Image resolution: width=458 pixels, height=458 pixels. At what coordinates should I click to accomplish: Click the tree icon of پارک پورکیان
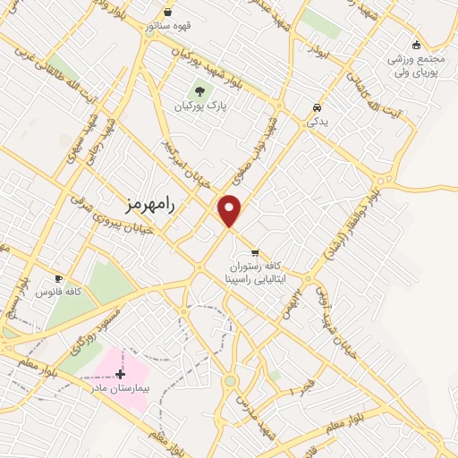[x=199, y=90]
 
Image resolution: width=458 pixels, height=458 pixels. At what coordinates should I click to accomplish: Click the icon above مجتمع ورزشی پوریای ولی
[x=416, y=46]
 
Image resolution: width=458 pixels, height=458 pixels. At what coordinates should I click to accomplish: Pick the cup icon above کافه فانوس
[x=58, y=278]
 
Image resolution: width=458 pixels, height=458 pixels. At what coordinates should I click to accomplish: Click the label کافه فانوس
[x=58, y=293]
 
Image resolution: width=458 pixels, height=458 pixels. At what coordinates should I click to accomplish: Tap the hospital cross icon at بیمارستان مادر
[x=121, y=374]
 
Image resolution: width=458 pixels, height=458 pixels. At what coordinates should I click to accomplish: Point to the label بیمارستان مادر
[x=119, y=389]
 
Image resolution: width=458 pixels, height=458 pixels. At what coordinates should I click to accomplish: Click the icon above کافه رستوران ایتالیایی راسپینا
[x=256, y=252]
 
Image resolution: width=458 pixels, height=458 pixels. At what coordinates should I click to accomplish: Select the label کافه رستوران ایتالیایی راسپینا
[x=269, y=273]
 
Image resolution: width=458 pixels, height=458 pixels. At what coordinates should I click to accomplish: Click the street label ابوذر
[x=318, y=51]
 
